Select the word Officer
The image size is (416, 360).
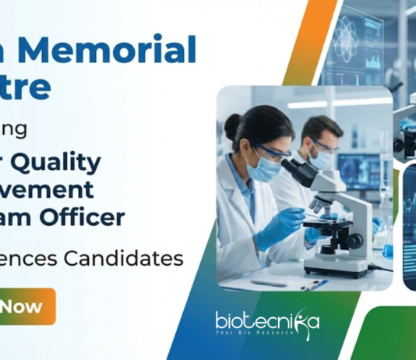point(86,217)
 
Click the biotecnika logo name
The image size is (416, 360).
point(265,320)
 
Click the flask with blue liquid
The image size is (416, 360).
point(387,249)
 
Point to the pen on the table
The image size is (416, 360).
point(315,285)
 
